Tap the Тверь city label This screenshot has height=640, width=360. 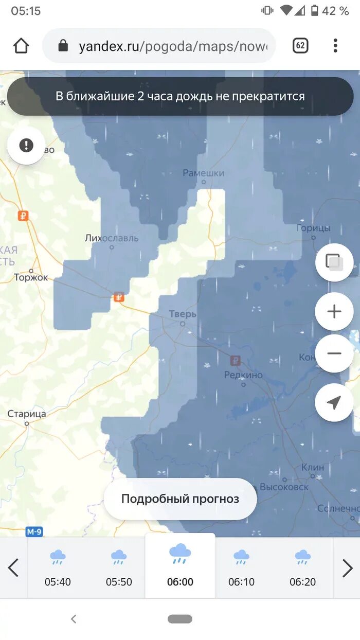point(183,314)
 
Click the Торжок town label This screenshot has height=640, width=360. point(31,277)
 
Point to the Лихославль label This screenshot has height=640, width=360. point(112,238)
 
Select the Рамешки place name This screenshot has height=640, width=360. point(204,173)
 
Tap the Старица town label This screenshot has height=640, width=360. point(27,414)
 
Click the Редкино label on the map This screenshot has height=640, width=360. point(243,375)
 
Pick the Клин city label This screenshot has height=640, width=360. point(313,467)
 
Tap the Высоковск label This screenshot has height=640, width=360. point(284,487)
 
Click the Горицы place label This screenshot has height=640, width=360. point(314,228)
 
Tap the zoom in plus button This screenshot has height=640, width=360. point(334,311)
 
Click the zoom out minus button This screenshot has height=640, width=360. point(334,353)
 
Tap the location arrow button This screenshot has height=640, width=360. point(334,402)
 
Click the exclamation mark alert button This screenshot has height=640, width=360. point(26,146)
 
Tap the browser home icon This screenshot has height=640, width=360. point(21,46)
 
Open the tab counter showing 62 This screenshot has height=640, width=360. point(300,46)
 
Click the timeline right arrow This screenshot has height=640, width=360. point(348,568)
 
